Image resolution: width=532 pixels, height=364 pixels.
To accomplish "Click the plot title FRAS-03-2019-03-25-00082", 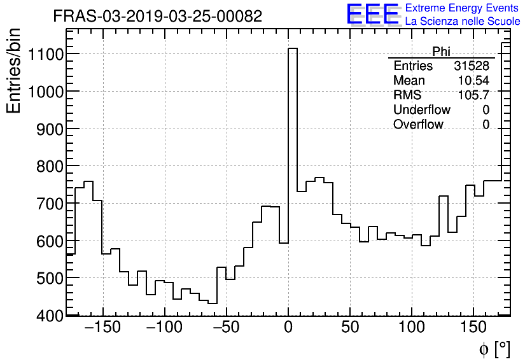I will pos(157,17).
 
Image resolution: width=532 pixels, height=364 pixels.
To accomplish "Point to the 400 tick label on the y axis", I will pos(47,316).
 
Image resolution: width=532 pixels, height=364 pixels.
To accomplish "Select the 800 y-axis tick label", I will pos(47,167).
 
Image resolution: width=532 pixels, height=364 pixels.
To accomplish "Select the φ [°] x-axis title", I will pos(494,349).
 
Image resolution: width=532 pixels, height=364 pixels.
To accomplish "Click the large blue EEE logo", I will pos(373,14).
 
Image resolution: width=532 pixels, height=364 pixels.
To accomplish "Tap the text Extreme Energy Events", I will pos(461,8).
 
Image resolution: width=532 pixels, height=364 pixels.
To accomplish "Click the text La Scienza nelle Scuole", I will pos(463,22).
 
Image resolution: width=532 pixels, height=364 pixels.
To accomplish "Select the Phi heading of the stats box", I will pos(441,52).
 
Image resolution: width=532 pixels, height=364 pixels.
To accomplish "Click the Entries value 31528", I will pos(472,66).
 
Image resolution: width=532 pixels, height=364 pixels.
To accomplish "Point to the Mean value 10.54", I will pos(473,81).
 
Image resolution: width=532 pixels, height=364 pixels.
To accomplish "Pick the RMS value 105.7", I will pos(473,95).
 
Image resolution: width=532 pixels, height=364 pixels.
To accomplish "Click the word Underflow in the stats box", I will pos(421,110).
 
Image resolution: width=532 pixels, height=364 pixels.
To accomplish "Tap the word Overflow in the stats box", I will pos(418,125).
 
